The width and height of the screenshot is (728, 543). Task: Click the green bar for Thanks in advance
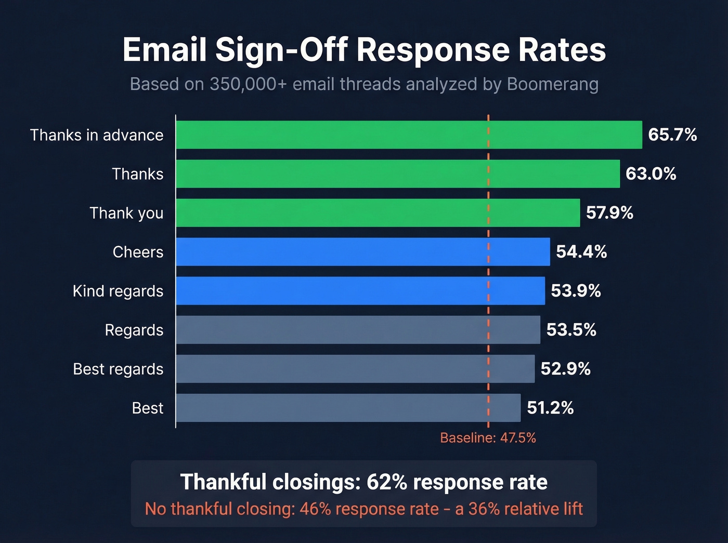click(409, 135)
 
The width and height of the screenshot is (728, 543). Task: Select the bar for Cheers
click(362, 252)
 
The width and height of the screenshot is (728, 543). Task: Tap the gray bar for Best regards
click(355, 369)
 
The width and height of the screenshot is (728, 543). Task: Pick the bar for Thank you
click(378, 213)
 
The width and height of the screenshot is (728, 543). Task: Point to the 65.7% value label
click(672, 135)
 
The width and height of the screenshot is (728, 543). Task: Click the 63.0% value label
click(651, 174)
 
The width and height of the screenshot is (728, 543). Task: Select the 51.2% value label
click(550, 408)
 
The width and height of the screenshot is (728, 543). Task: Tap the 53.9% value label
click(576, 291)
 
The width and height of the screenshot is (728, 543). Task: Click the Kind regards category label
click(118, 291)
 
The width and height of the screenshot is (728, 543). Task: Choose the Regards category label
click(134, 330)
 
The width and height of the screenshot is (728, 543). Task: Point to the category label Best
click(148, 408)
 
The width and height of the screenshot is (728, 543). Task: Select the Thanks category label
click(138, 174)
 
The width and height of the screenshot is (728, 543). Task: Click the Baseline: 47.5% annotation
click(488, 438)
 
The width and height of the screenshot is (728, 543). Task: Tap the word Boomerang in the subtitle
click(553, 84)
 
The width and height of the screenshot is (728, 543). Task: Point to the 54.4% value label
click(581, 252)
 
